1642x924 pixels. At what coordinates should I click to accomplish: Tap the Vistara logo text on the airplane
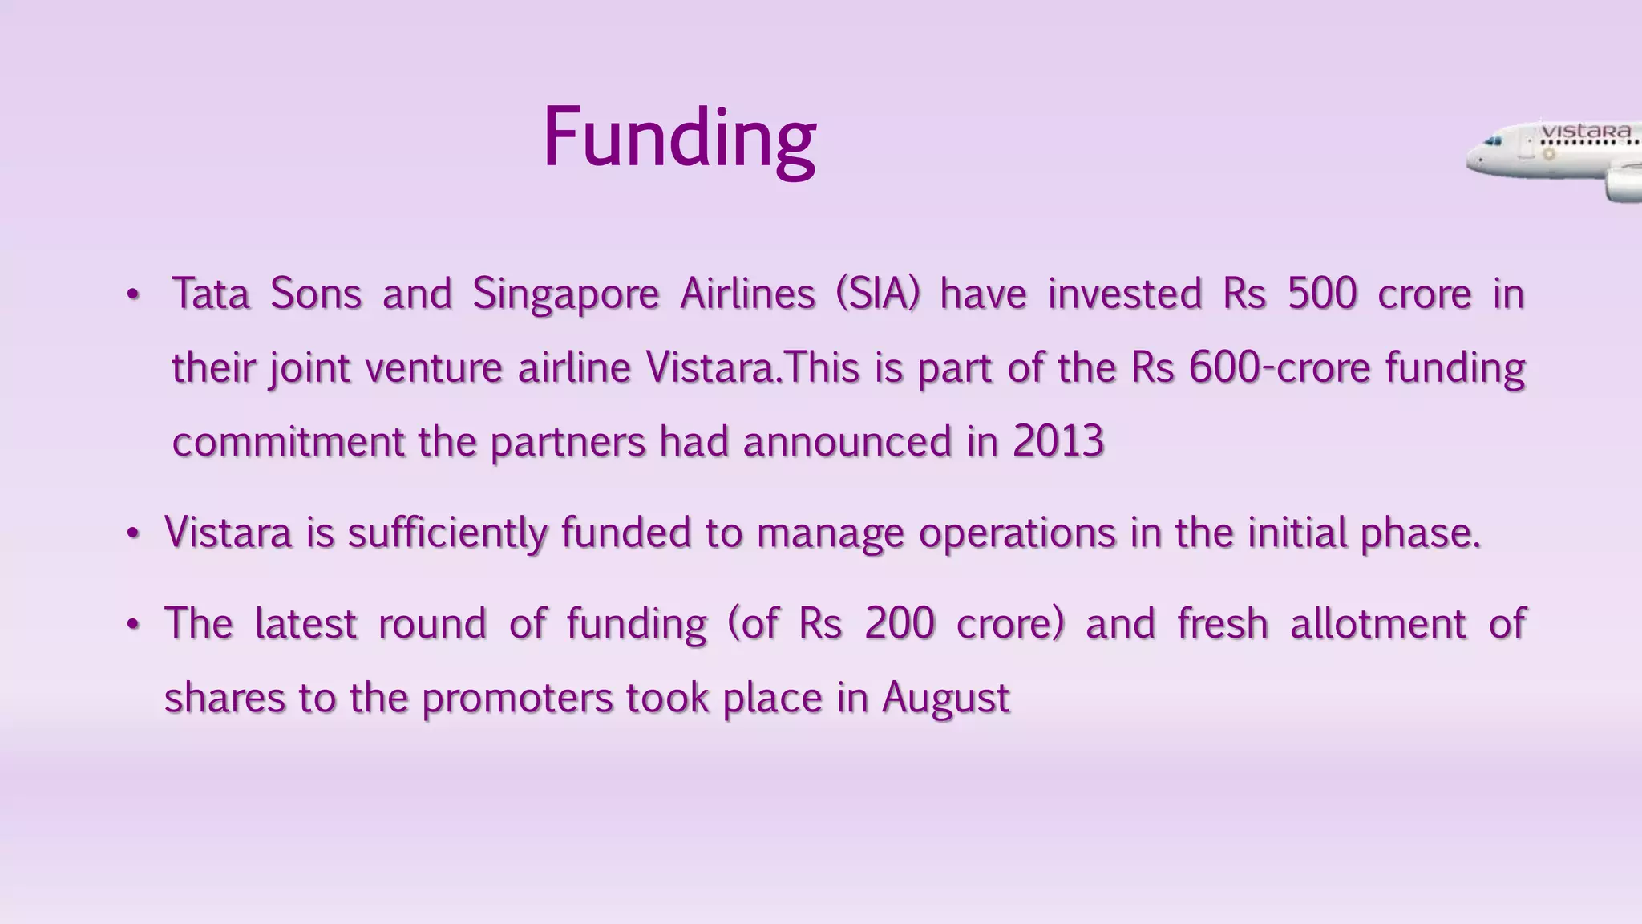pyautogui.click(x=1586, y=131)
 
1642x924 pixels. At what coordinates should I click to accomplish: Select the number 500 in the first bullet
pyautogui.click(x=1322, y=294)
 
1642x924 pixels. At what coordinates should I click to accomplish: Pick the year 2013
pyautogui.click(x=1058, y=441)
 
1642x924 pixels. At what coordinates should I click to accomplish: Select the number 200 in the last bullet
pyautogui.click(x=900, y=624)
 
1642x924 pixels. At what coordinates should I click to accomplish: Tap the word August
pyautogui.click(x=945, y=699)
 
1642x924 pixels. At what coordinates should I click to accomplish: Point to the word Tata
pyautogui.click(x=211, y=294)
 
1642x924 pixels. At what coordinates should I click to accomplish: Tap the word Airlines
pyautogui.click(x=747, y=294)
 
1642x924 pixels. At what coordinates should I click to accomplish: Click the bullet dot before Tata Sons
pyautogui.click(x=133, y=295)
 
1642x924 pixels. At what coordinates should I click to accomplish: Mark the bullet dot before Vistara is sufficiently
pyautogui.click(x=133, y=534)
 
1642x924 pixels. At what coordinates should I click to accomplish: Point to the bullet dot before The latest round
pyautogui.click(x=133, y=625)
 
